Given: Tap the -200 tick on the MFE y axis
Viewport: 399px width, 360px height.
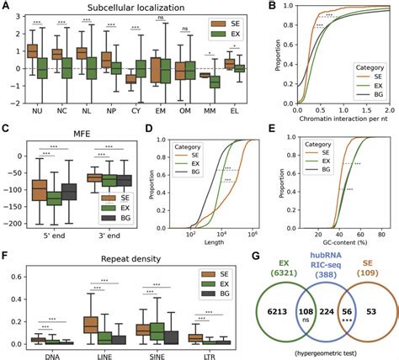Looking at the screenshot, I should [15, 223].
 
